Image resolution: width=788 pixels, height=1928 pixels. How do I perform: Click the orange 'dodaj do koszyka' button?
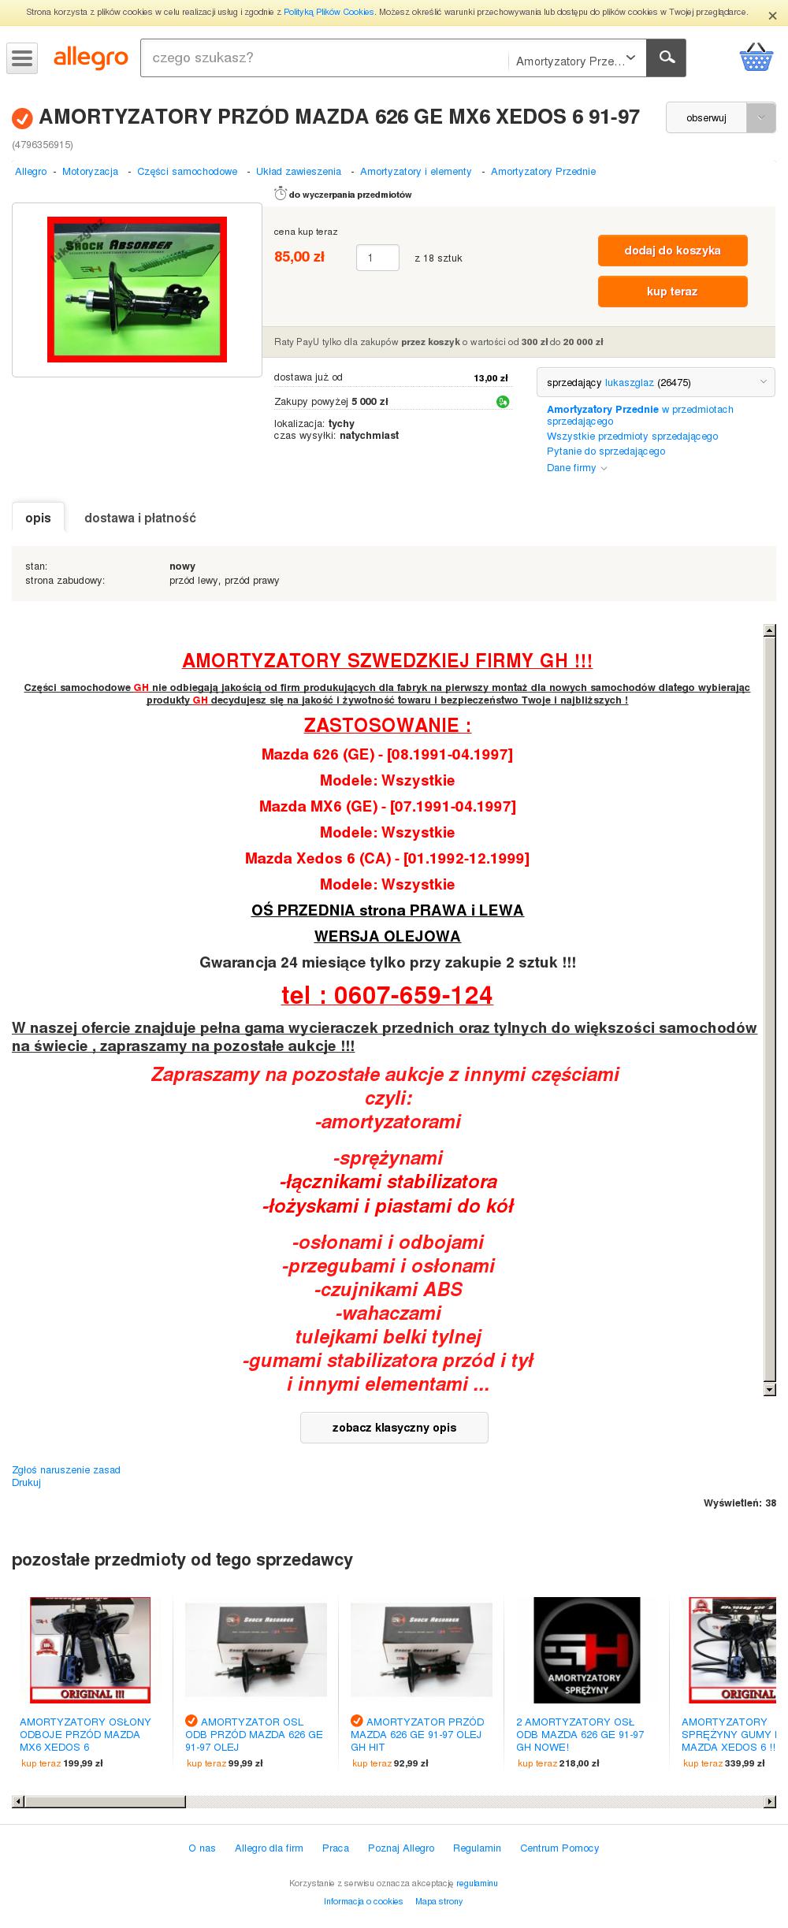pyautogui.click(x=672, y=251)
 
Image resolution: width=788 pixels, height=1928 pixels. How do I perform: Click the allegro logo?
pyautogui.click(x=91, y=58)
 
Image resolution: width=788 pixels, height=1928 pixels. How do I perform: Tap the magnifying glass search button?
pyautogui.click(x=666, y=58)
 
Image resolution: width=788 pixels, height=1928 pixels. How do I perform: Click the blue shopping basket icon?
pyautogui.click(x=756, y=58)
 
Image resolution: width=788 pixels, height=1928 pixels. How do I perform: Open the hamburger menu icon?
pyautogui.click(x=22, y=58)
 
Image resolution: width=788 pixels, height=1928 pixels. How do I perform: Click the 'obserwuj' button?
pyautogui.click(x=706, y=117)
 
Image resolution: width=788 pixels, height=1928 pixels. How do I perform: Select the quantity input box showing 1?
pyautogui.click(x=377, y=258)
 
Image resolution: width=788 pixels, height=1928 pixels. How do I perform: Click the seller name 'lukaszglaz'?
pyautogui.click(x=629, y=383)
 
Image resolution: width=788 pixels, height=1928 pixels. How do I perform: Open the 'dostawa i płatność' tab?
pyautogui.click(x=140, y=518)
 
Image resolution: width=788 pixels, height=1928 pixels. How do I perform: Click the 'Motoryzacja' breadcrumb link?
pyautogui.click(x=90, y=172)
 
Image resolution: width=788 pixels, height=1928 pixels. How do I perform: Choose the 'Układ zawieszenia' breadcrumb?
pyautogui.click(x=299, y=172)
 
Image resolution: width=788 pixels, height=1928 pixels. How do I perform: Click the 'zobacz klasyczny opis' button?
pyautogui.click(x=394, y=1427)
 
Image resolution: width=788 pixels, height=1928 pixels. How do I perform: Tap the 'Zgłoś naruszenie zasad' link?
pyautogui.click(x=66, y=1469)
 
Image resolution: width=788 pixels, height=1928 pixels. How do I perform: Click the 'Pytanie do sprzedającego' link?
pyautogui.click(x=606, y=451)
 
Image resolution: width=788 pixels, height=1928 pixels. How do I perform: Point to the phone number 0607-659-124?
pyautogui.click(x=387, y=995)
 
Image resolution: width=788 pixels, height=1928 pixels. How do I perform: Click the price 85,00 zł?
pyautogui.click(x=299, y=257)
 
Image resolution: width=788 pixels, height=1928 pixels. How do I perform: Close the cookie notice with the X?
pyautogui.click(x=772, y=16)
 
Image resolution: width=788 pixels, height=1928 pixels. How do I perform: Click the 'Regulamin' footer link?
pyautogui.click(x=477, y=1848)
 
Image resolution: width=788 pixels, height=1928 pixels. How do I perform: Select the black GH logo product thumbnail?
pyautogui.click(x=587, y=1650)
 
